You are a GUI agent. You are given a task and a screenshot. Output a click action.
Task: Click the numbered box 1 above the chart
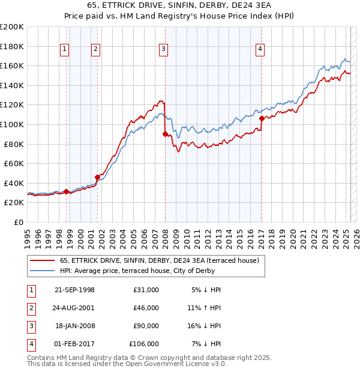click(x=64, y=50)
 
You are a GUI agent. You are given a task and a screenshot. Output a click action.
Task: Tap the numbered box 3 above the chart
click(x=163, y=50)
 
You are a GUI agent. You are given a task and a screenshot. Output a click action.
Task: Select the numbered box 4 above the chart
click(x=260, y=50)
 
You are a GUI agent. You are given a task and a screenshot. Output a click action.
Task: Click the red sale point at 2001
click(x=97, y=177)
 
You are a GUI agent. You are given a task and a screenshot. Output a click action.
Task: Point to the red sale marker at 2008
click(x=165, y=134)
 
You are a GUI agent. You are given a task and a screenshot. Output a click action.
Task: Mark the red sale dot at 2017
click(x=262, y=119)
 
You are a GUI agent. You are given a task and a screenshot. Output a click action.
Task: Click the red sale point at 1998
click(x=66, y=191)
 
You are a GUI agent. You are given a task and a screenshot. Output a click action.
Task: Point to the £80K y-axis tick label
click(x=14, y=144)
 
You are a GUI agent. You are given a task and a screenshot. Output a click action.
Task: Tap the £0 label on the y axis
click(x=19, y=222)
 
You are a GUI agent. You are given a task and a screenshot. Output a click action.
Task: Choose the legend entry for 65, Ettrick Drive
click(x=159, y=260)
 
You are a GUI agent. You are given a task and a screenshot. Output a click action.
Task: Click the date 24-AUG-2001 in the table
click(x=74, y=307)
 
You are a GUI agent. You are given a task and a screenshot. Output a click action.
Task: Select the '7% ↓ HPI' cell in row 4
click(x=205, y=344)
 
